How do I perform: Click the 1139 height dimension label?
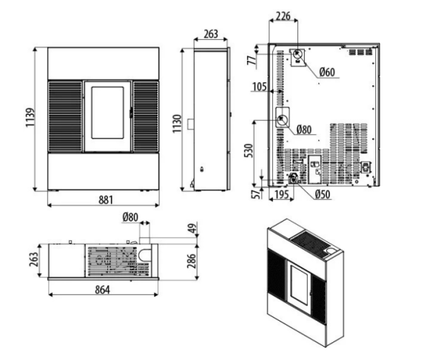click(30, 117)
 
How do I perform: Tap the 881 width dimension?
click(106, 200)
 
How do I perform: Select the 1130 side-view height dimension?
click(177, 124)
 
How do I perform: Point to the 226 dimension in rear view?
click(283, 16)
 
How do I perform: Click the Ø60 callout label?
click(327, 73)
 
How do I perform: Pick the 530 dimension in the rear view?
click(249, 151)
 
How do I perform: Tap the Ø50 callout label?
click(323, 195)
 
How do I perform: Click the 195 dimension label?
click(281, 195)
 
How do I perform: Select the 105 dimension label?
click(260, 87)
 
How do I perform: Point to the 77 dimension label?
click(251, 61)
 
